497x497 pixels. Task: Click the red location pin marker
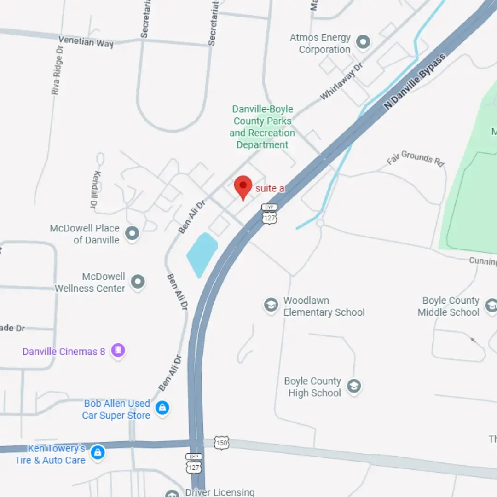243,186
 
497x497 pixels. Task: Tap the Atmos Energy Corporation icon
364,43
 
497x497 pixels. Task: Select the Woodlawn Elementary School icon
271,305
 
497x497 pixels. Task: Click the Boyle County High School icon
353,386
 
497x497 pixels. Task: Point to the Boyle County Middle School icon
491,305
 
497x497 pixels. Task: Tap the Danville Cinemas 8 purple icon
118,351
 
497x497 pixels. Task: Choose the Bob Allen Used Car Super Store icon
162,408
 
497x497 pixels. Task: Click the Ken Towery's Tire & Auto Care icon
97,453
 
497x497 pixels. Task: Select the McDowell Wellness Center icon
138,282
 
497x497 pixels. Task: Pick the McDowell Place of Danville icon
132,233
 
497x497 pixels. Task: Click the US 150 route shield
221,443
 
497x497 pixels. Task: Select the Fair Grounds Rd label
416,158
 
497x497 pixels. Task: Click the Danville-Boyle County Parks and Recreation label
262,127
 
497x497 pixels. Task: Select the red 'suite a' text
270,188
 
